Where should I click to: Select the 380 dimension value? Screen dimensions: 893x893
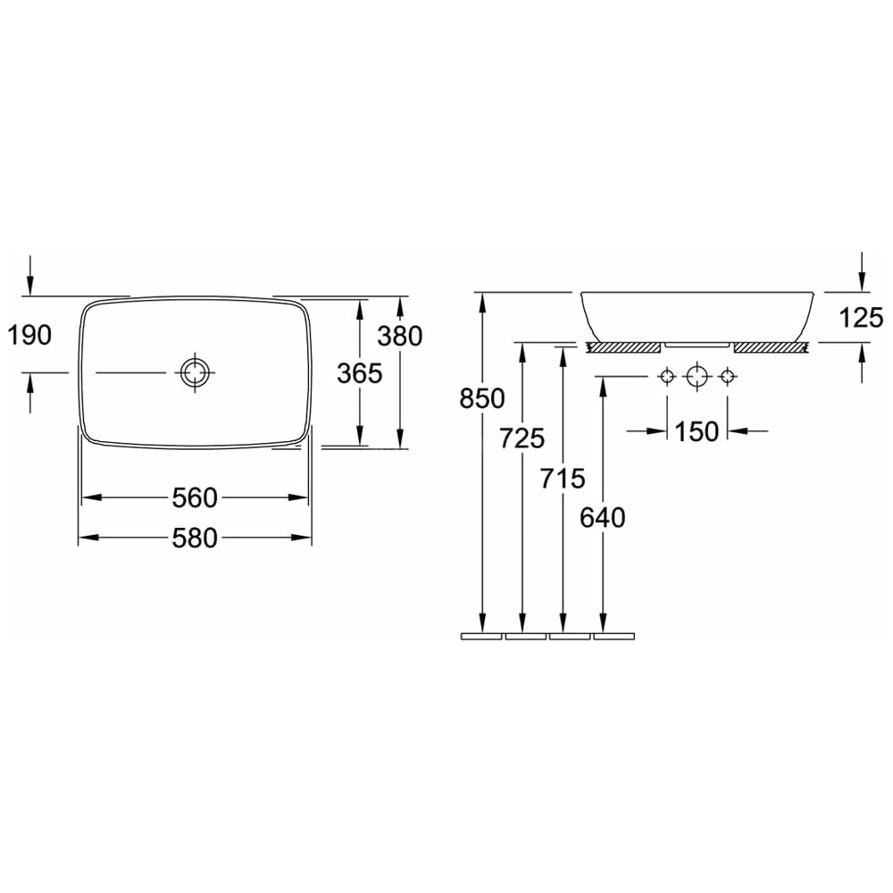point(400,336)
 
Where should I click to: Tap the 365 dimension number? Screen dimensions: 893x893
point(360,373)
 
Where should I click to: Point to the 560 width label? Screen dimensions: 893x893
point(195,497)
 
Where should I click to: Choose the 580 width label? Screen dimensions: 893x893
point(195,538)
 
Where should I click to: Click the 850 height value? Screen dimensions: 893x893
point(482,398)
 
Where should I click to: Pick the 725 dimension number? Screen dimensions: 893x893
point(522,438)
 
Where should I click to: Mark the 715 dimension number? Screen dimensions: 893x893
point(563,478)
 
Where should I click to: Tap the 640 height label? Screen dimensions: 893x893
point(603,518)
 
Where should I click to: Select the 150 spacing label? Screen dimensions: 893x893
point(697,431)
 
